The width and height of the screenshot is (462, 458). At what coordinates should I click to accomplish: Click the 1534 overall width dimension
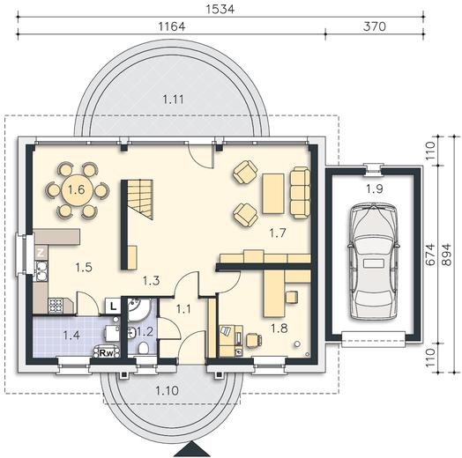(x=220, y=9)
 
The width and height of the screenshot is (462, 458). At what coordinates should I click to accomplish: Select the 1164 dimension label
(x=172, y=26)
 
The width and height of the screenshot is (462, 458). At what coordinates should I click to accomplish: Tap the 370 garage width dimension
(x=374, y=26)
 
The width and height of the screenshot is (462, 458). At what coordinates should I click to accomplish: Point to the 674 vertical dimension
(x=430, y=255)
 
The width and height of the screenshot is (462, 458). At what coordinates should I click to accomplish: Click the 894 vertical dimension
(x=447, y=255)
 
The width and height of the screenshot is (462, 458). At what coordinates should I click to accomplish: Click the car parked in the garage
(x=374, y=262)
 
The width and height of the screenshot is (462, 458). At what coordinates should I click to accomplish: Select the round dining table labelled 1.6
(x=78, y=190)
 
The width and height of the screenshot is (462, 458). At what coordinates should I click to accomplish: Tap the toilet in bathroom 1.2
(x=144, y=348)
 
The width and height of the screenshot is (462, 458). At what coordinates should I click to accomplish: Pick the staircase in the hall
(x=140, y=200)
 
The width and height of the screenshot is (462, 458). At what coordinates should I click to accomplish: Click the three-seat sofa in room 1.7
(x=300, y=193)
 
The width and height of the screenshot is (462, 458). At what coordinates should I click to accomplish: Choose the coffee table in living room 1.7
(x=273, y=194)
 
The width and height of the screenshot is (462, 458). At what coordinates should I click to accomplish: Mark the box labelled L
(x=113, y=307)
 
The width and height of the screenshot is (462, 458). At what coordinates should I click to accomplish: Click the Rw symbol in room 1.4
(x=107, y=352)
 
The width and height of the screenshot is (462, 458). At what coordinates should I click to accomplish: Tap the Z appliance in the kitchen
(x=41, y=252)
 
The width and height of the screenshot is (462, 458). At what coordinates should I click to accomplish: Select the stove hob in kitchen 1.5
(x=56, y=305)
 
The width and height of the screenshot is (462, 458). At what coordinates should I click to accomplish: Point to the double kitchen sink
(x=41, y=270)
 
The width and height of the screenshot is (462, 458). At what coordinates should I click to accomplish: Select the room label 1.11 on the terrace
(x=173, y=100)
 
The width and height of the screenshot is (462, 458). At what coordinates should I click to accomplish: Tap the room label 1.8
(x=279, y=328)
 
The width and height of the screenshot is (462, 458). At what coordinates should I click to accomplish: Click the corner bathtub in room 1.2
(x=138, y=310)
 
